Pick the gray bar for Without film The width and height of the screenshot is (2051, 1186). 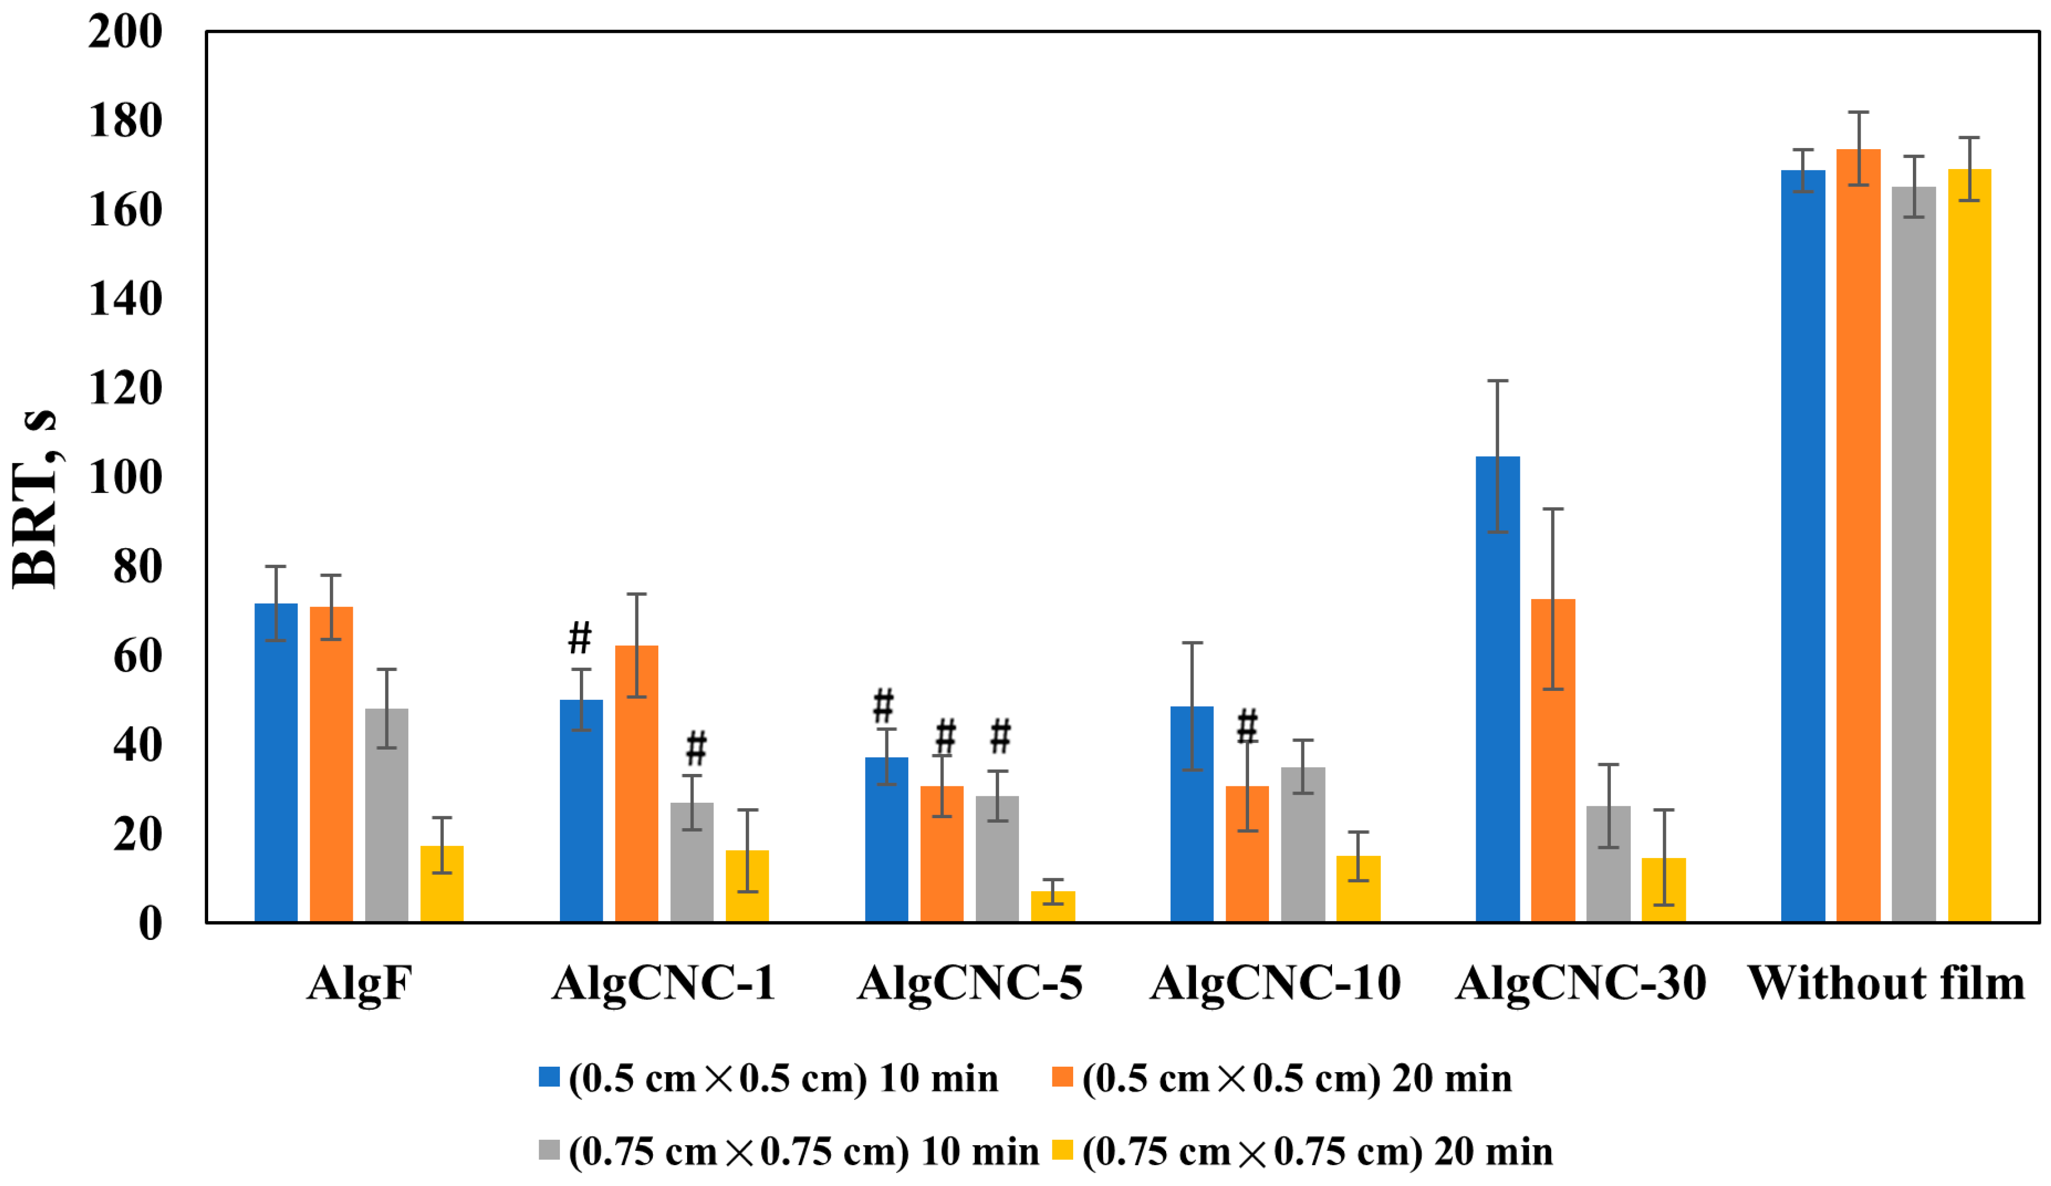click(x=1913, y=554)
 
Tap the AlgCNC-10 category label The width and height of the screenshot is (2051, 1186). click(x=1275, y=983)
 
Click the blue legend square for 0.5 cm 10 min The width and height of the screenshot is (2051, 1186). click(x=550, y=1077)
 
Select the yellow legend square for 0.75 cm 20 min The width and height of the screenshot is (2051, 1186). click(x=1062, y=1150)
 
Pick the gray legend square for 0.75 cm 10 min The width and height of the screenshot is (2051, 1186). click(x=550, y=1150)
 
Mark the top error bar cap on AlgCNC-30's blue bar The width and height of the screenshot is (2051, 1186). click(x=1498, y=381)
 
